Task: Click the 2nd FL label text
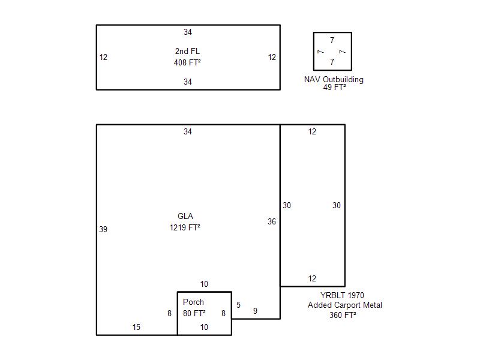(187, 51)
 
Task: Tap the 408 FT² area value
(187, 62)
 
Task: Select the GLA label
(185, 216)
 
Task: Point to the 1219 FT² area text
(185, 227)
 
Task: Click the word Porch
(193, 302)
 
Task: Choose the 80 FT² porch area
(194, 313)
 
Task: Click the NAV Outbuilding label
(334, 80)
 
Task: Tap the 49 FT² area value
(334, 87)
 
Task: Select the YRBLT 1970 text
(342, 295)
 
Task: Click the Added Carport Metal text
(344, 305)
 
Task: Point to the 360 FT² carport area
(343, 315)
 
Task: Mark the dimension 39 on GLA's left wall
(103, 229)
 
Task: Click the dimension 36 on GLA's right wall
(272, 221)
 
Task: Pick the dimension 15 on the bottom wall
(136, 327)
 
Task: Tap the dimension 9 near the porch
(256, 311)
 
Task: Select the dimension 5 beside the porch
(238, 305)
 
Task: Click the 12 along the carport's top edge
(312, 131)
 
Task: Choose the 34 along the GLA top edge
(188, 131)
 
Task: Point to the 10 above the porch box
(204, 284)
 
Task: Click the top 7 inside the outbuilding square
(332, 40)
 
